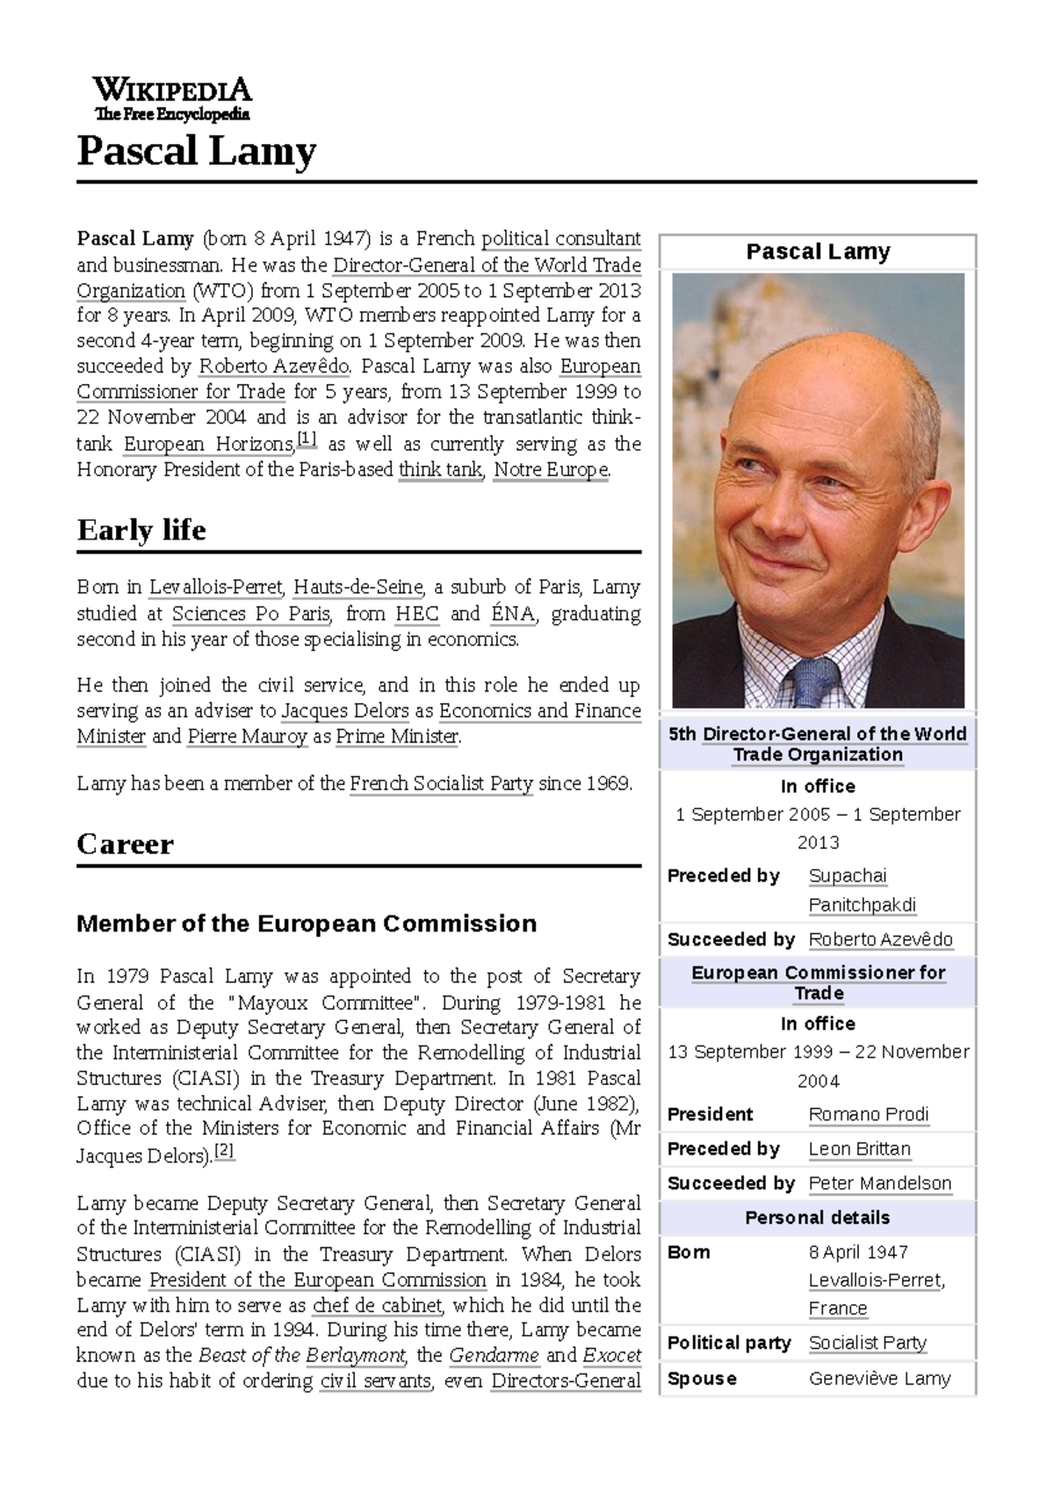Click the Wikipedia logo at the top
[172, 98]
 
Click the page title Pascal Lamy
[196, 151]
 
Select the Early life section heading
[141, 531]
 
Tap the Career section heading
[125, 844]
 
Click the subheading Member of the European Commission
[307, 923]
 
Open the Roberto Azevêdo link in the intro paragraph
[274, 366]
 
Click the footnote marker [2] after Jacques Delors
[225, 1151]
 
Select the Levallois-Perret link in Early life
[215, 587]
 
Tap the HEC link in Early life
[416, 613]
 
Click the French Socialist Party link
[441, 784]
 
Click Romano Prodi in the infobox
[868, 1114]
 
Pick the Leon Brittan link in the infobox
[859, 1149]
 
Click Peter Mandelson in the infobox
[879, 1184]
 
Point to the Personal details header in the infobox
[817, 1218]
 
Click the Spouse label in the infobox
[701, 1379]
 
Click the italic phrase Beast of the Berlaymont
[302, 1356]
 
